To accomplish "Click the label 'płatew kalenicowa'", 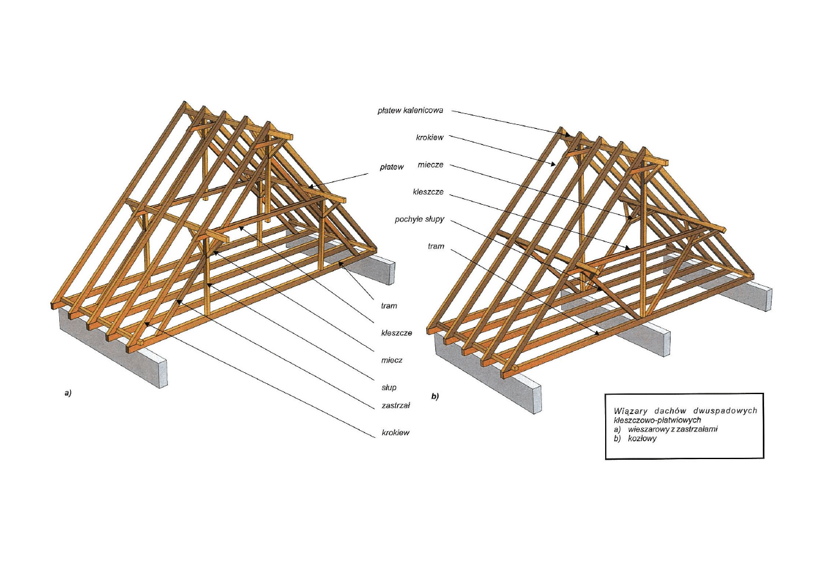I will pos(410,111).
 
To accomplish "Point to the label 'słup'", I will pos(388,388).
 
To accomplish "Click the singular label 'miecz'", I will pos(391,360).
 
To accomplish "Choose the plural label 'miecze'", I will pos(431,164).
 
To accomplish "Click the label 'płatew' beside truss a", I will pos(391,167).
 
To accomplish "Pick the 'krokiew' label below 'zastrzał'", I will pos(395,433).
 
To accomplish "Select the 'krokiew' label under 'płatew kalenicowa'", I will pos(429,137).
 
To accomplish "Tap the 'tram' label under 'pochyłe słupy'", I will pos(436,247).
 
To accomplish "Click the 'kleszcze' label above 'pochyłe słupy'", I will pos(428,192).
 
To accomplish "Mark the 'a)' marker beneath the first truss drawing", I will pos(68,392).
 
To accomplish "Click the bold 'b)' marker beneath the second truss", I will pos(435,397).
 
